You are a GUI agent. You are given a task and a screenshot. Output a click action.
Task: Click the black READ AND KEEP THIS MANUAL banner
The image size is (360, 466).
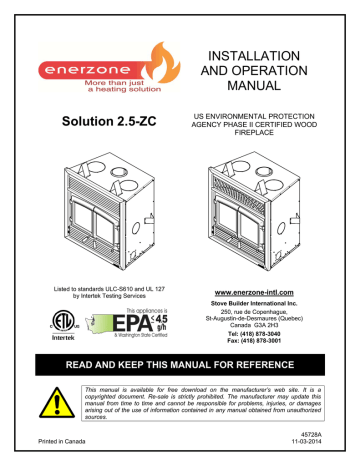180,392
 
